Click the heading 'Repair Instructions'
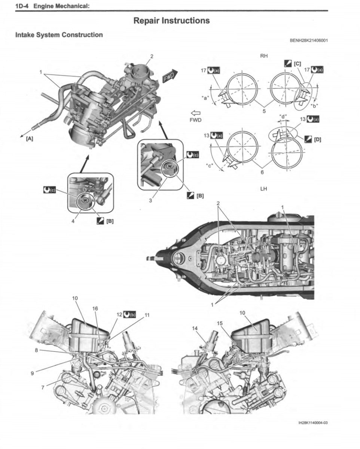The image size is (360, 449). click(x=171, y=21)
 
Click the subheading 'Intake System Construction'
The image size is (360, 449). click(x=59, y=35)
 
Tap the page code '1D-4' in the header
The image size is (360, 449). click(x=24, y=6)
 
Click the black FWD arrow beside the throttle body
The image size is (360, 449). click(x=170, y=77)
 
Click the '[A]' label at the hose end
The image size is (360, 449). click(x=29, y=138)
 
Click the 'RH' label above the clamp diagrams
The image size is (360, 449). click(x=263, y=56)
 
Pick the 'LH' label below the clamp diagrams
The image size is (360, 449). click(x=263, y=189)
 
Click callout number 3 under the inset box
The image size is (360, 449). click(x=150, y=201)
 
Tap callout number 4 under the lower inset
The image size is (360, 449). click(x=73, y=220)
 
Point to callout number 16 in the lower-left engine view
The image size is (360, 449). click(x=95, y=309)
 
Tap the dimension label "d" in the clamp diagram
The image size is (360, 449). click(x=283, y=116)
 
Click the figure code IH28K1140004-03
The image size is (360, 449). click(x=313, y=423)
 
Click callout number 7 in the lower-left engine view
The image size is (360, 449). click(x=43, y=387)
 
